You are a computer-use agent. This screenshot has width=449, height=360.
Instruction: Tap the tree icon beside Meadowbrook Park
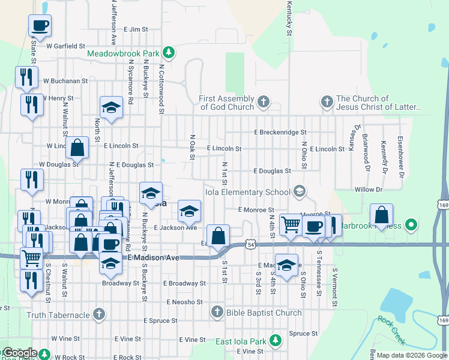tap(170, 53)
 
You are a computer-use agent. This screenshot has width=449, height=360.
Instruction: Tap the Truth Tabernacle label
tap(58, 314)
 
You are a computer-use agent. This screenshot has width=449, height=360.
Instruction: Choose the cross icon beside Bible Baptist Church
tap(218, 312)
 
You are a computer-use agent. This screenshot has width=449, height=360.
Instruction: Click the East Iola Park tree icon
tap(275, 341)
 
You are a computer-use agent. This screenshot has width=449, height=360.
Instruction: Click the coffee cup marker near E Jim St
tap(40, 25)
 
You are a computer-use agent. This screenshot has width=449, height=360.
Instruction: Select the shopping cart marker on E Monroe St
tap(291, 224)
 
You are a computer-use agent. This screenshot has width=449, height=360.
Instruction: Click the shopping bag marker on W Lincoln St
tap(77, 147)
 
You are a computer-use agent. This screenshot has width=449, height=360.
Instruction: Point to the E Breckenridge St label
tap(280, 132)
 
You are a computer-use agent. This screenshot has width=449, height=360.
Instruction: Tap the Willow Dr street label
tap(368, 190)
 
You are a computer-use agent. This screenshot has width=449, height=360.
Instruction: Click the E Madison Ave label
tap(154, 257)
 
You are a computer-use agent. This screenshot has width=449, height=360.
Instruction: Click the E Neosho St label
tap(186, 302)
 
